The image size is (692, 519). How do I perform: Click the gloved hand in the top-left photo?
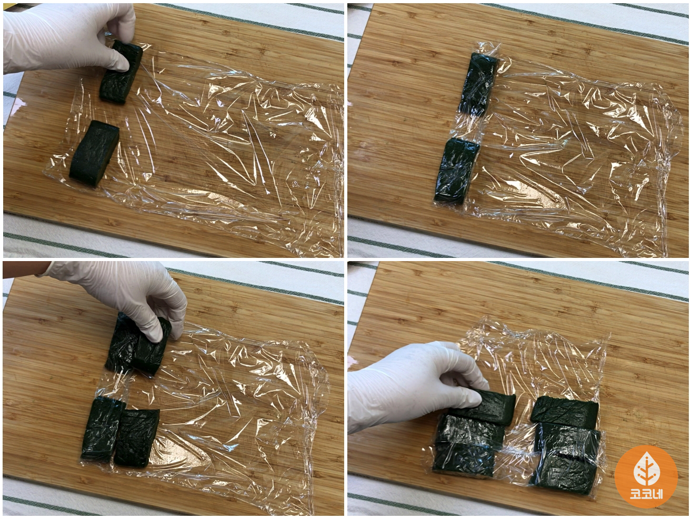[x=63, y=38]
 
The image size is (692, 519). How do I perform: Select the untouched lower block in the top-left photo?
[x=94, y=153]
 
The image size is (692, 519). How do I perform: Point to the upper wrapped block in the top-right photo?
[x=477, y=85]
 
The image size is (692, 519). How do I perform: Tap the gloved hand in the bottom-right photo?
[x=416, y=385]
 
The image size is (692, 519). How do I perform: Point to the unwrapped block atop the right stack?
[x=564, y=410]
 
